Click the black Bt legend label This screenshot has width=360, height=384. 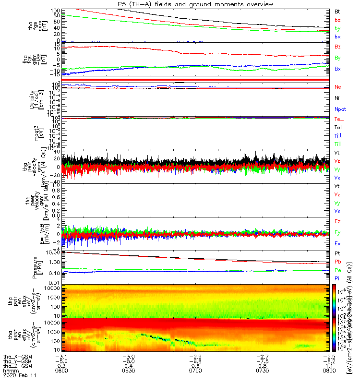[337, 11]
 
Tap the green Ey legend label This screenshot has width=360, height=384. [337, 233]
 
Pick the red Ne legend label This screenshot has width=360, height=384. [337, 87]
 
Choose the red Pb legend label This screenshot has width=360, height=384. [337, 262]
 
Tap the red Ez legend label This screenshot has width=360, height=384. [337, 222]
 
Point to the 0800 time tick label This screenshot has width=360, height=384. [327, 371]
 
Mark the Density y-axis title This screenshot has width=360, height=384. [31, 99]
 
